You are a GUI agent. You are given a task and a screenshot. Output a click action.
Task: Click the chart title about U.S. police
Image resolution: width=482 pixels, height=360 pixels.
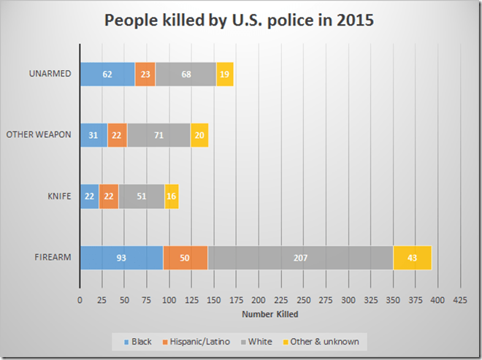(240, 21)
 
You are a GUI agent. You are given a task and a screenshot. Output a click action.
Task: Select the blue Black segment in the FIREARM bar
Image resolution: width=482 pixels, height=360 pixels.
(121, 258)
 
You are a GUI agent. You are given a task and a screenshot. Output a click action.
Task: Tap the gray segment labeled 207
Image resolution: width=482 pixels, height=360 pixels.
(300, 258)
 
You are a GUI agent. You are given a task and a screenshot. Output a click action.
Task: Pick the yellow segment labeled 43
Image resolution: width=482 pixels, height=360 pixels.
(413, 258)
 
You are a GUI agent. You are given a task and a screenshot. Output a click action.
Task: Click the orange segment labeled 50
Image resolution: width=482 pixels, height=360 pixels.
(185, 258)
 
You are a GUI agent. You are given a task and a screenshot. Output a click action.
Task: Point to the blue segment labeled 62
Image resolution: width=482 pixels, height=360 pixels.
(107, 74)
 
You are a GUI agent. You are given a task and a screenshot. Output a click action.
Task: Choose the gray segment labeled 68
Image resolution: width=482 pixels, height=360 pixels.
(185, 74)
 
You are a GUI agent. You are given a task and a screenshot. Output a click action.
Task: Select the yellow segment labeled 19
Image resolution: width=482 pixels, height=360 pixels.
(225, 74)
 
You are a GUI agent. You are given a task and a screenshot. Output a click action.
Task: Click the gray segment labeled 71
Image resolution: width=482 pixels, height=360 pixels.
(158, 135)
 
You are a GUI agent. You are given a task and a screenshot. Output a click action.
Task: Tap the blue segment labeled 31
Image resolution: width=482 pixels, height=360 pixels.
(93, 135)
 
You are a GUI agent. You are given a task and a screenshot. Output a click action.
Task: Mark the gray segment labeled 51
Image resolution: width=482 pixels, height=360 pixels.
(142, 196)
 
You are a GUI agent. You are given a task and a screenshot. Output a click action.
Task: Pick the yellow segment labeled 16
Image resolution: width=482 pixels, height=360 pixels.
(172, 196)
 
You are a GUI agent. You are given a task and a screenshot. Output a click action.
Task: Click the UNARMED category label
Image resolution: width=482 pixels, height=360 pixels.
(50, 74)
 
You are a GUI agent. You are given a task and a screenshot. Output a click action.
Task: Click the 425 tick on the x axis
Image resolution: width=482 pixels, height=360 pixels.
(460, 300)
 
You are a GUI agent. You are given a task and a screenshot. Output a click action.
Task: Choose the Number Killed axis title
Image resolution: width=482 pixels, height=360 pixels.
(269, 315)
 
